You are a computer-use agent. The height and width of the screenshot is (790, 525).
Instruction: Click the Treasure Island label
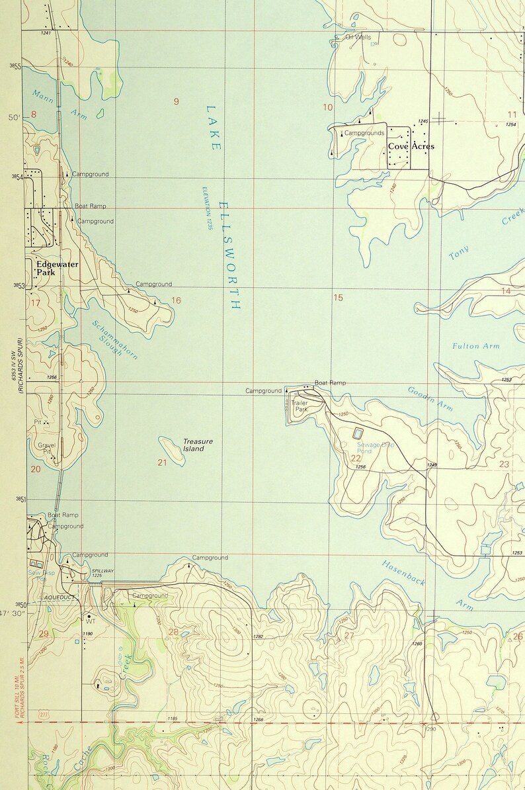[198, 445]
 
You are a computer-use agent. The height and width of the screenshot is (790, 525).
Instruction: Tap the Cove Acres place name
[411, 146]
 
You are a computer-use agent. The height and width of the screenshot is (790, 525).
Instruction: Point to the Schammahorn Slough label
[114, 338]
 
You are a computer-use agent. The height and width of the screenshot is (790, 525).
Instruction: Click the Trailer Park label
[301, 406]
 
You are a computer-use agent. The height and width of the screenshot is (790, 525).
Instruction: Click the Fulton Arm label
[475, 346]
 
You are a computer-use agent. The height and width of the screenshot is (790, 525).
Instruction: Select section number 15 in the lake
[338, 298]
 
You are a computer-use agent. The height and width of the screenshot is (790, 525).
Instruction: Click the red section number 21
[163, 462]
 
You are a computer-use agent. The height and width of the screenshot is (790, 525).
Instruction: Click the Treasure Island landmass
[171, 450]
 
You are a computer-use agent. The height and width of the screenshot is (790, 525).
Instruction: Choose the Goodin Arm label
[430, 399]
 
